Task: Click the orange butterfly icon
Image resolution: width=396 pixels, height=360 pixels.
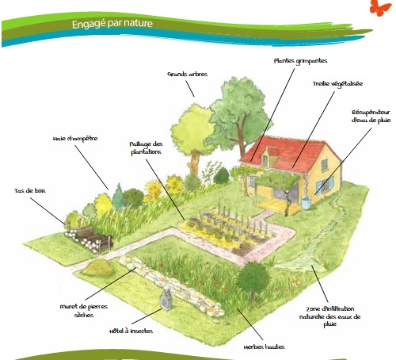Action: [x=380, y=7]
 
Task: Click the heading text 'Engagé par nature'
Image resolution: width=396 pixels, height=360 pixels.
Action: [x=112, y=24]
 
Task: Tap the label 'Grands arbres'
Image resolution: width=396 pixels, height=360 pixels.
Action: [x=188, y=74]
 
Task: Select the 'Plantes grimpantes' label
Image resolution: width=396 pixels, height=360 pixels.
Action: [x=300, y=61]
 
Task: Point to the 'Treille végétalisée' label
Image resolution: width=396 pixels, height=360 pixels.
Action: [x=337, y=84]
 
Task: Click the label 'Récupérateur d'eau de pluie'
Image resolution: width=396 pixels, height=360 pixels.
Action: [x=371, y=117]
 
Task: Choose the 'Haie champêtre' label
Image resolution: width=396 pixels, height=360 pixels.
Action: [x=75, y=139]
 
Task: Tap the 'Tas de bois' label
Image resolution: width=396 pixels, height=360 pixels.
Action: [x=30, y=190]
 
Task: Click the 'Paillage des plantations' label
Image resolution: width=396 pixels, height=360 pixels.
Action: [x=146, y=148]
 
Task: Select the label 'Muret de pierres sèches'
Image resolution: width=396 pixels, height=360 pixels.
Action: [x=84, y=311]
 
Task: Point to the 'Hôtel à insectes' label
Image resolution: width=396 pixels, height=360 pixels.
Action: [x=131, y=331]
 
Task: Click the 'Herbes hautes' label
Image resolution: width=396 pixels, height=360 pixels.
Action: [x=264, y=347]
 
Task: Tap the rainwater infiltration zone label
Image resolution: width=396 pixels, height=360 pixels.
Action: [x=329, y=316]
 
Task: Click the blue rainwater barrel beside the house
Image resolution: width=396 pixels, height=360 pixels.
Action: [x=306, y=203]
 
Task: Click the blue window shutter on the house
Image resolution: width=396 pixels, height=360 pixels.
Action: [x=319, y=188]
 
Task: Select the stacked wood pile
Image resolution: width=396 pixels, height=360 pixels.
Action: [x=89, y=239]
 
